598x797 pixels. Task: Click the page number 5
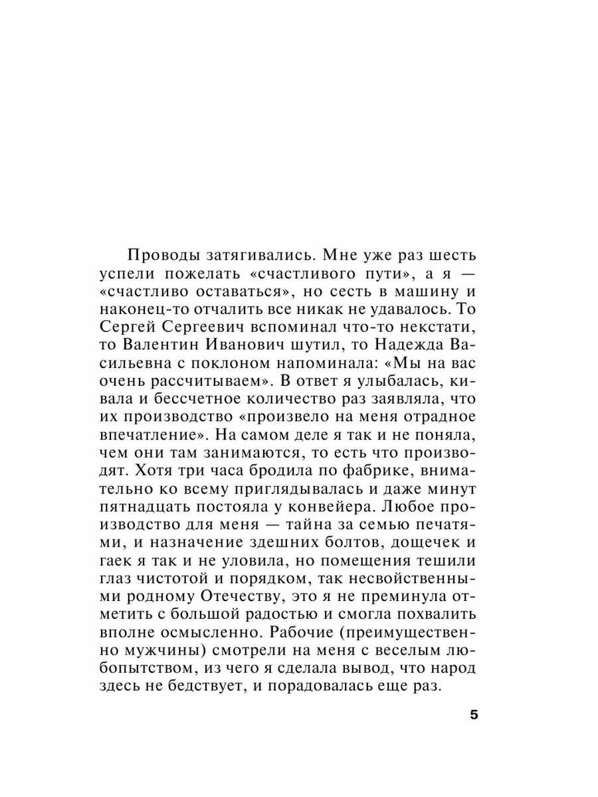[x=474, y=715]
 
